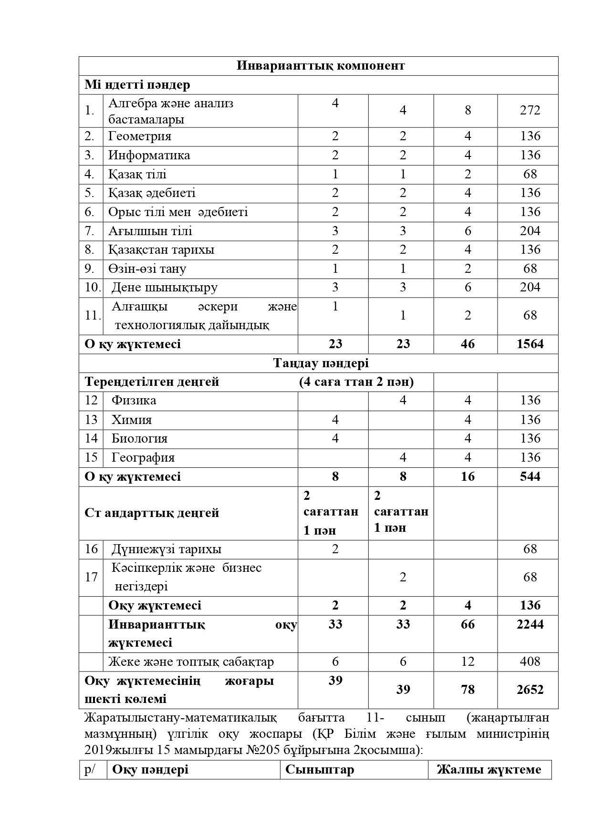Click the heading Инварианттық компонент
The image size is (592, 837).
click(x=320, y=66)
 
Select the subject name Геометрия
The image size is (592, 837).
click(x=139, y=136)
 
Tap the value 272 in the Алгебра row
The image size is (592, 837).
click(x=530, y=110)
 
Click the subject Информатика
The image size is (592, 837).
click(x=149, y=155)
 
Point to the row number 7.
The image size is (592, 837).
click(x=90, y=231)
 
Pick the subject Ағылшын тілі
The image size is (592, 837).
click(x=150, y=231)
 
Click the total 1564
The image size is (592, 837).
click(x=530, y=344)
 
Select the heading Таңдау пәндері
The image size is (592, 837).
click(x=321, y=363)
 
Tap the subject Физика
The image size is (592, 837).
click(x=134, y=401)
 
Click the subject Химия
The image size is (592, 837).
click(x=132, y=420)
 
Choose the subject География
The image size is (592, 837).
click(x=143, y=458)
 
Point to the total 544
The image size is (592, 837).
click(x=530, y=477)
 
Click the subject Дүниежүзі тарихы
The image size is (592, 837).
click(x=166, y=549)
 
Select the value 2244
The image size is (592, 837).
click(x=530, y=625)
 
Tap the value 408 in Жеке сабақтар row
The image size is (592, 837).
click(x=530, y=662)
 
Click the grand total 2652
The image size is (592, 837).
click(x=530, y=690)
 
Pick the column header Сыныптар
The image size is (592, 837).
click(x=320, y=770)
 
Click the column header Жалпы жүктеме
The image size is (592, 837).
click(x=489, y=770)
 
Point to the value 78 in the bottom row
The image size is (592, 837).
click(x=467, y=690)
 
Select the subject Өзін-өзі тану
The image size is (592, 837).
click(x=147, y=269)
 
